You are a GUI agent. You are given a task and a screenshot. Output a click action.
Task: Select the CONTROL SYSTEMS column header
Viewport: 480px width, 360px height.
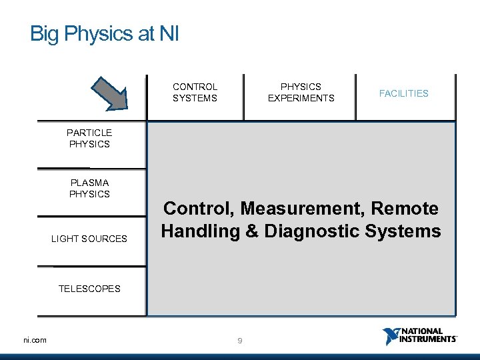pyautogui.click(x=195, y=93)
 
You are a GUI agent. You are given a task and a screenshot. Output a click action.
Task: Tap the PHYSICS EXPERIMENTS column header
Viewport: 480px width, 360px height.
pyautogui.click(x=301, y=93)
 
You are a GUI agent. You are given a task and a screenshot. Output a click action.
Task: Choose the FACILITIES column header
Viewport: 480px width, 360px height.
pyautogui.click(x=404, y=93)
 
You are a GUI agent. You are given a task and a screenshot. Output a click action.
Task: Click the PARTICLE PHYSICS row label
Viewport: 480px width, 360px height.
pyautogui.click(x=89, y=139)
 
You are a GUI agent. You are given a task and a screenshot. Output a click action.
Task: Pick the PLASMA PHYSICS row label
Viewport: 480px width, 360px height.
pyautogui.click(x=89, y=188)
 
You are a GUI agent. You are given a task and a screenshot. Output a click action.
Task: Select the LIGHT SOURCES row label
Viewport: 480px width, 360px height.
pyautogui.click(x=89, y=239)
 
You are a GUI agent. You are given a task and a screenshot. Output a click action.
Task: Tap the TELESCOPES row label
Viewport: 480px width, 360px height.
pyautogui.click(x=89, y=289)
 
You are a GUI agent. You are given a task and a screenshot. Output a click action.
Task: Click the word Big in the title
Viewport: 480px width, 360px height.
pyautogui.click(x=45, y=34)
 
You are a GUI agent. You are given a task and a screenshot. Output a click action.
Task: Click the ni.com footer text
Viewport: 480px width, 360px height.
pyautogui.click(x=35, y=341)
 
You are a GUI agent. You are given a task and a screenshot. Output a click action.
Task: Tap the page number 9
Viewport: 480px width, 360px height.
pyautogui.click(x=240, y=341)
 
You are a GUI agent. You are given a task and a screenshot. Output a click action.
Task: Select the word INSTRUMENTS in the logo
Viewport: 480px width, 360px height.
pyautogui.click(x=428, y=339)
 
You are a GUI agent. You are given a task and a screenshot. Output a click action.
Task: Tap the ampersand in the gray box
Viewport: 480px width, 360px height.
pyautogui.click(x=257, y=231)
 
